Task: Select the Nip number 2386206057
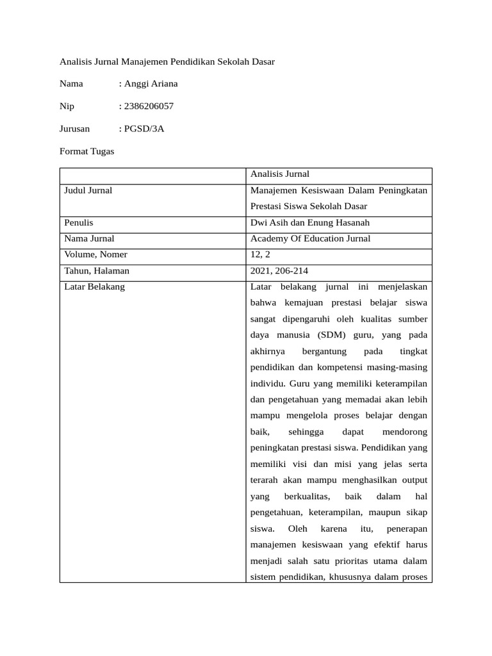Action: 149,106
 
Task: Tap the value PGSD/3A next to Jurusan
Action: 144,129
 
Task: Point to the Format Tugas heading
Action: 86,152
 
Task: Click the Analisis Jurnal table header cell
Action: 280,174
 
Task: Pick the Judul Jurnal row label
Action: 88,190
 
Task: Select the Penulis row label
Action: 79,223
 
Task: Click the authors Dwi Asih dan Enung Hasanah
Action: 310,223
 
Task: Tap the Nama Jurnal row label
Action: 89,239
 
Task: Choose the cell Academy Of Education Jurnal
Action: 310,239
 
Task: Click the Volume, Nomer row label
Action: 95,255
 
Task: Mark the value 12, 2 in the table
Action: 261,255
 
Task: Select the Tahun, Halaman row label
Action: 97,271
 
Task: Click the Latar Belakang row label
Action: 95,287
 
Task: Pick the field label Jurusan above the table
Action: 75,129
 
